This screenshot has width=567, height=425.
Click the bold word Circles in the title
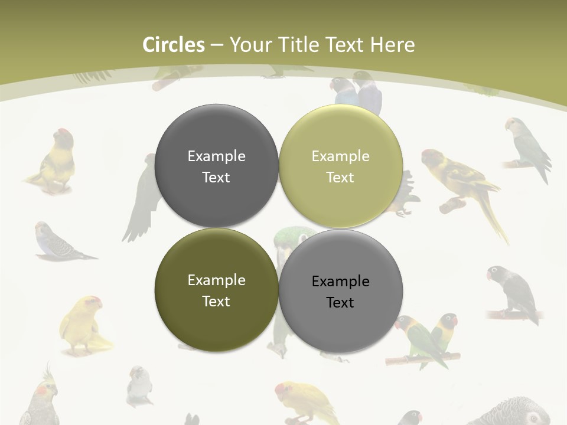[174, 45]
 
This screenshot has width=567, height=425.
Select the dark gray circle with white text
[216, 166]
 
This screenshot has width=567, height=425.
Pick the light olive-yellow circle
[340, 166]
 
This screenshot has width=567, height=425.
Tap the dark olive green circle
[216, 290]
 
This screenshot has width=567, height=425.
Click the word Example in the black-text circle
[340, 281]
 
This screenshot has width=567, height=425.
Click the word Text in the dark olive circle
[216, 301]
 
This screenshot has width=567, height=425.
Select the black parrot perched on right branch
[514, 292]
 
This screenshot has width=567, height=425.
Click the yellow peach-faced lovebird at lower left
[83, 325]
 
